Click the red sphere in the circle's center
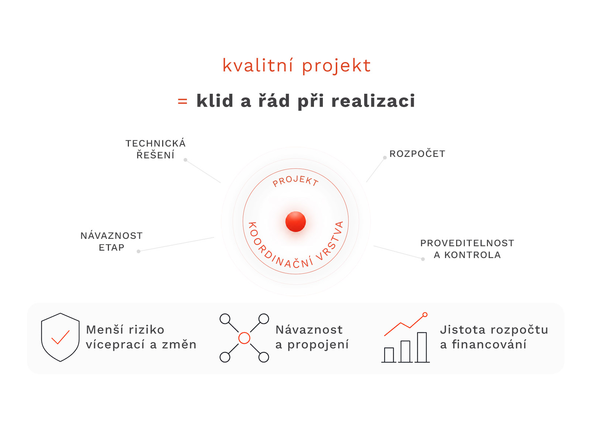295,221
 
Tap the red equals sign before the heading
182,102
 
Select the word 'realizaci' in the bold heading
373,100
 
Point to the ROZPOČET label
417,153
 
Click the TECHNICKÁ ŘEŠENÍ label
156,149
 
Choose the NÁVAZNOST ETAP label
112,241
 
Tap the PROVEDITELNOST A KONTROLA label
467,249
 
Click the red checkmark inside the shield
60,337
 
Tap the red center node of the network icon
244,338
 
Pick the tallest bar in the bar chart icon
422,347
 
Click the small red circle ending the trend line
425,315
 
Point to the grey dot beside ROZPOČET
385,158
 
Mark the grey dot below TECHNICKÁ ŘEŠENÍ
185,160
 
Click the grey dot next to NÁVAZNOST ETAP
139,251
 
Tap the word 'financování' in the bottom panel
489,344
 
